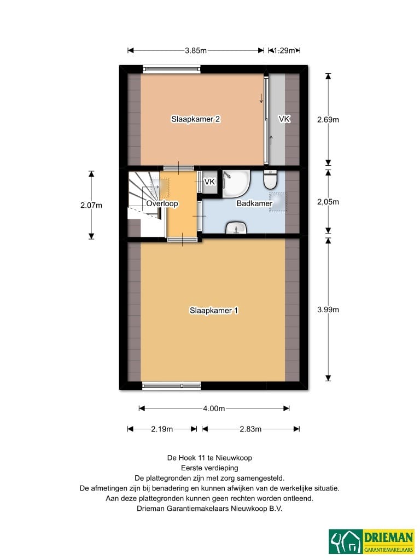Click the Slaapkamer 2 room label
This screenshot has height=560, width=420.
[195, 119]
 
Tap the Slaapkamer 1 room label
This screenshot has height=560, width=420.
[214, 311]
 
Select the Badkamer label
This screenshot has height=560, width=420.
[254, 203]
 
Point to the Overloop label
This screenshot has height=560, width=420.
[162, 203]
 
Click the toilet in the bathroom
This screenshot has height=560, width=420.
[270, 179]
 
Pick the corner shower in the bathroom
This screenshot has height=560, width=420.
[236, 184]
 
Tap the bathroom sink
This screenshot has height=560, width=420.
[236, 227]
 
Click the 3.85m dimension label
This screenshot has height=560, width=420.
[196, 50]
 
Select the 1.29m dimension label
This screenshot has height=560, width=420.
[284, 50]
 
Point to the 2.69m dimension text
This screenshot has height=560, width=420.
[328, 120]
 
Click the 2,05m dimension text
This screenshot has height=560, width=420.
[328, 202]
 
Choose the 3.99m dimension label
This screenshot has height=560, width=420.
[328, 310]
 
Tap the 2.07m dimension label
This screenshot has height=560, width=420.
[91, 206]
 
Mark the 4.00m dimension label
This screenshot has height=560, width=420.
[214, 408]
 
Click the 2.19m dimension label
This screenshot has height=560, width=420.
[162, 429]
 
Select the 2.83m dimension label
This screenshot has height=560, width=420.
[250, 429]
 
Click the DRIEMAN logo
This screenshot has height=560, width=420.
[371, 541]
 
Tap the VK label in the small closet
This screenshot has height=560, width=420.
[209, 182]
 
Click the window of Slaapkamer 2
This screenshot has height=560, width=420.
[171, 69]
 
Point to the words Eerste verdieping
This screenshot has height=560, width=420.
[209, 468]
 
